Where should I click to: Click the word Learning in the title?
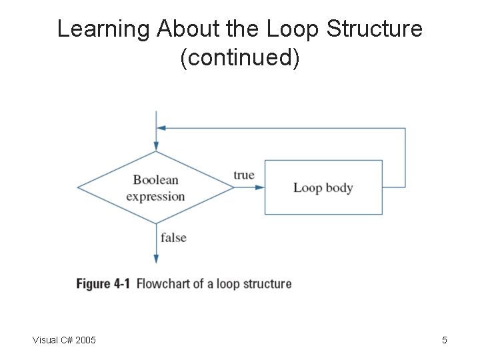click(103, 30)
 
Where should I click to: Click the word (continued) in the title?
click(240, 59)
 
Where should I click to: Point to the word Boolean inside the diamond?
click(155, 179)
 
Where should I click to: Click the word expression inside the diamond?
click(155, 196)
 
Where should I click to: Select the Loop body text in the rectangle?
click(323, 187)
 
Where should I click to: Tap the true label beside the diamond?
click(243, 175)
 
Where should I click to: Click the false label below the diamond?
click(173, 237)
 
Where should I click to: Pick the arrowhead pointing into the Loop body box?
click(260, 187)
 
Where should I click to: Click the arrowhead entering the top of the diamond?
click(156, 146)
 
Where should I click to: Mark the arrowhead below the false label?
click(156, 259)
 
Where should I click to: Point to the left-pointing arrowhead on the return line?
click(161, 128)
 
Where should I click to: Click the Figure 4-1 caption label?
click(103, 284)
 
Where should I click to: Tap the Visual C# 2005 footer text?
click(64, 341)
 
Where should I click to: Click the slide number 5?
click(444, 341)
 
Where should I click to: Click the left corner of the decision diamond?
click(79, 187)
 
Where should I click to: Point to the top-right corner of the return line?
click(405, 128)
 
